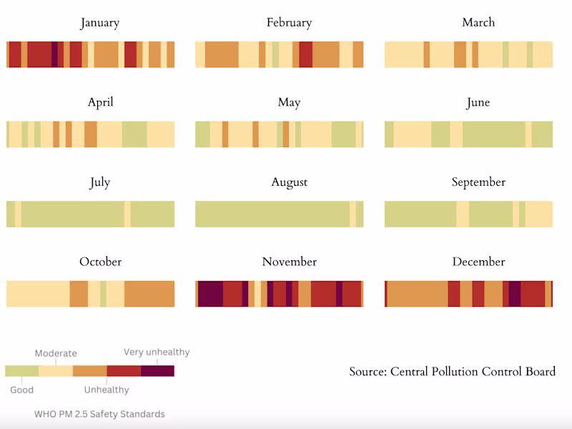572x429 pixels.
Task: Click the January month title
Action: (x=100, y=23)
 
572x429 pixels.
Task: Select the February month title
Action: (x=289, y=23)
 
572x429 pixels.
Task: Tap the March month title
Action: (x=478, y=23)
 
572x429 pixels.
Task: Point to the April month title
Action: (x=100, y=103)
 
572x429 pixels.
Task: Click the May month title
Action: (x=289, y=103)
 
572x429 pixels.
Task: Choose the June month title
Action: (x=478, y=103)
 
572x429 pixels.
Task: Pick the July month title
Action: (x=100, y=182)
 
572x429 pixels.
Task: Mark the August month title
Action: (x=289, y=182)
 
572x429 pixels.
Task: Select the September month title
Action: (x=478, y=182)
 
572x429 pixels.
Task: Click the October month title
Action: (x=100, y=262)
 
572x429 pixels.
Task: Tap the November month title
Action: (x=289, y=262)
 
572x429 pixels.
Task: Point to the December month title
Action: (x=478, y=262)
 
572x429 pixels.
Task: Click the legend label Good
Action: (x=21, y=390)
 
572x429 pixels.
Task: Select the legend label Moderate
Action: (x=56, y=353)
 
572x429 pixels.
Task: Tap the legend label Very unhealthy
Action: (x=157, y=352)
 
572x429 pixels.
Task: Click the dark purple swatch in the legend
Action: (x=157, y=370)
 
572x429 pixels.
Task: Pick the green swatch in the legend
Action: (x=22, y=370)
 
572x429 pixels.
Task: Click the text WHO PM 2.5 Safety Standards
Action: (x=99, y=414)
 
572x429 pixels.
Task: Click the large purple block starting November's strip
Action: (x=210, y=294)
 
